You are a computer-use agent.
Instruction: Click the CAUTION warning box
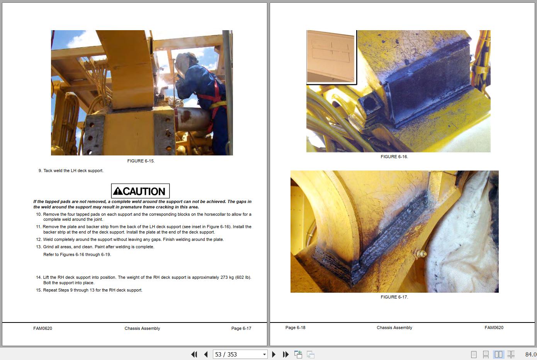click(140, 191)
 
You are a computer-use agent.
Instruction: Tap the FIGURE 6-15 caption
click(141, 161)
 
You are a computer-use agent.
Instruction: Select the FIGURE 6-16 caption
click(394, 157)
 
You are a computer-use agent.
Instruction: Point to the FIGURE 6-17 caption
click(394, 297)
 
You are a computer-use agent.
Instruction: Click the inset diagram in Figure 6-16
click(331, 57)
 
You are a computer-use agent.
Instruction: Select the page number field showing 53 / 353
click(240, 355)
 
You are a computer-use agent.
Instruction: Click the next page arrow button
click(274, 355)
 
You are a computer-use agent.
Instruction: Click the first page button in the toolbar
click(194, 355)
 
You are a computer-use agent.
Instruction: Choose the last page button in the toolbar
click(285, 355)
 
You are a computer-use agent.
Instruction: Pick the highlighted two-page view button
click(499, 355)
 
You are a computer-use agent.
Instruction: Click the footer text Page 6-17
click(241, 328)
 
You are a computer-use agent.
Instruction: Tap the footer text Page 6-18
click(295, 328)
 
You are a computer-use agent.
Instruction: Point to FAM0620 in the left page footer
click(42, 328)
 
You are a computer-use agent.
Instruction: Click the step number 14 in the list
click(38, 277)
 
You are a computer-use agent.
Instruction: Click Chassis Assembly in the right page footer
click(394, 328)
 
